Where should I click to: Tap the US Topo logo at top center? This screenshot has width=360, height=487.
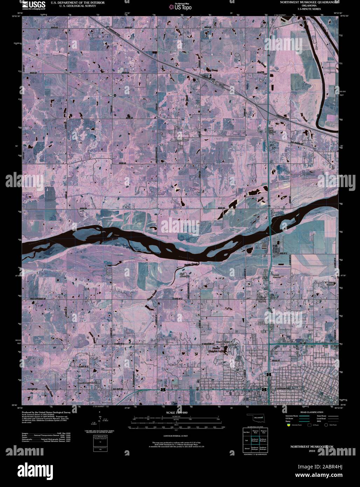(181, 6)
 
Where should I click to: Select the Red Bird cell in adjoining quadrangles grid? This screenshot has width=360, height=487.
(247, 432)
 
